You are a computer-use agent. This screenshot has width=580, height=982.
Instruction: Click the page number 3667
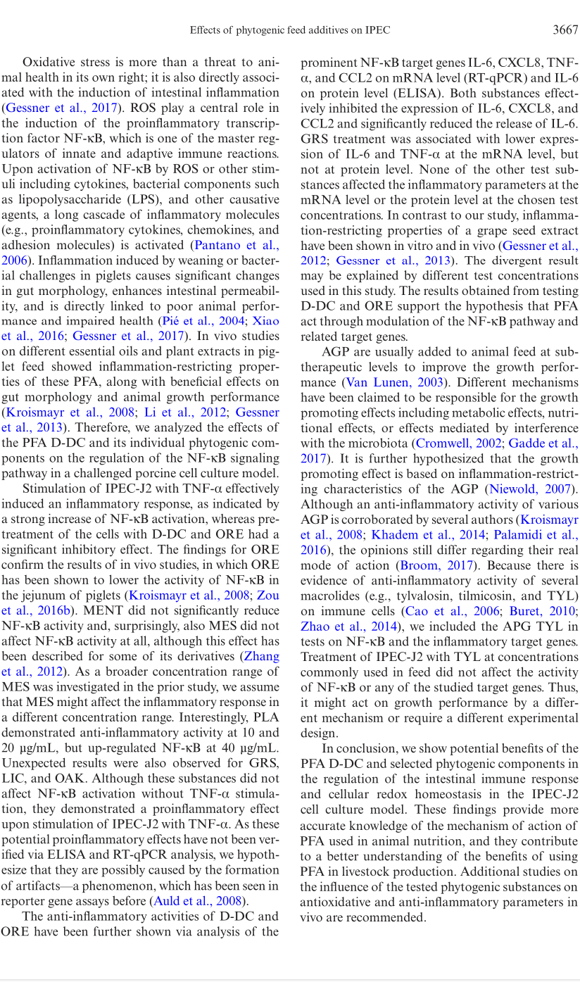(x=565, y=30)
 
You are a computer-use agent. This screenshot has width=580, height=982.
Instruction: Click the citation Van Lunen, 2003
(x=394, y=382)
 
